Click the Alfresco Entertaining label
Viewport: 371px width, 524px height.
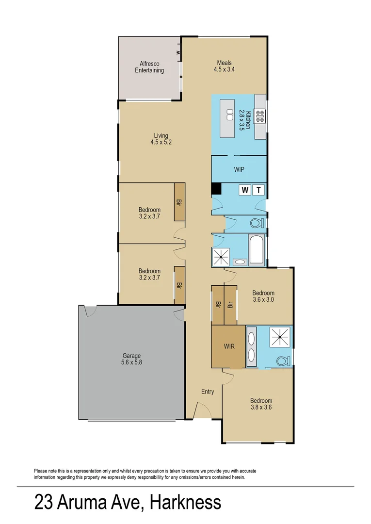point(149,67)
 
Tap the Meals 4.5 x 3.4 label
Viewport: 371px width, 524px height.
point(224,66)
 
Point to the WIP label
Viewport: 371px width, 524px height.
point(239,170)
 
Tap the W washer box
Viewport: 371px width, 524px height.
point(245,190)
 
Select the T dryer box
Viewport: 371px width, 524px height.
point(258,190)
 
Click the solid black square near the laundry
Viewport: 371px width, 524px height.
point(216,189)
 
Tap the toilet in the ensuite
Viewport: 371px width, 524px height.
point(281,360)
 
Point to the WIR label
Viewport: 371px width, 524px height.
point(229,347)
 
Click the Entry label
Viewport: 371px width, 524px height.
point(208,392)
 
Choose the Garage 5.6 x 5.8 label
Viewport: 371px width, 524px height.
point(131,359)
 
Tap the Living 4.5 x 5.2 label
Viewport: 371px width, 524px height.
point(161,139)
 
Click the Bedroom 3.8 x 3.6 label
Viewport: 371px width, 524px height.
point(261,404)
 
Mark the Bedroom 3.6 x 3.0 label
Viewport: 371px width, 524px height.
point(263,296)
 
